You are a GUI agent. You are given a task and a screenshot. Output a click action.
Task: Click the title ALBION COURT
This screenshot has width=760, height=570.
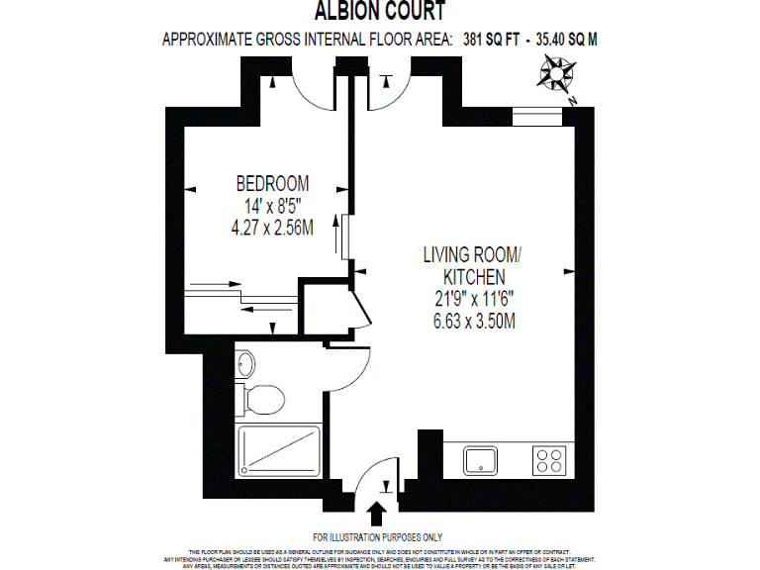coord(380,12)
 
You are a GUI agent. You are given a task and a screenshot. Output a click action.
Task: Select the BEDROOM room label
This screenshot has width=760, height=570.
coord(271,183)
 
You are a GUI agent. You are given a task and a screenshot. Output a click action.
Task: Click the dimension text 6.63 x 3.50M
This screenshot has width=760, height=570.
coord(474,321)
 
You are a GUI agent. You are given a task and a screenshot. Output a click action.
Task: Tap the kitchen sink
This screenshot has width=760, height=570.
coord(482,459)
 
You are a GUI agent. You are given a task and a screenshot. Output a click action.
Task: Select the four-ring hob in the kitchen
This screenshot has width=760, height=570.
coord(549,459)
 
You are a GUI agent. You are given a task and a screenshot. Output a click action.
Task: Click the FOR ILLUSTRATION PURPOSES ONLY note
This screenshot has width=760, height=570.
coord(380,535)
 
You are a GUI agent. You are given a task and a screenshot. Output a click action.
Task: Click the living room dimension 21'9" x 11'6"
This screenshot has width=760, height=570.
coord(474,299)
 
